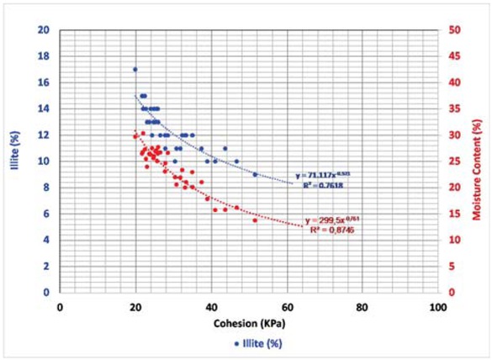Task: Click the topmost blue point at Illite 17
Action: pos(135,69)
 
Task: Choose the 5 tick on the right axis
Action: pos(455,266)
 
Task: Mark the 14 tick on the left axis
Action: pos(44,109)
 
